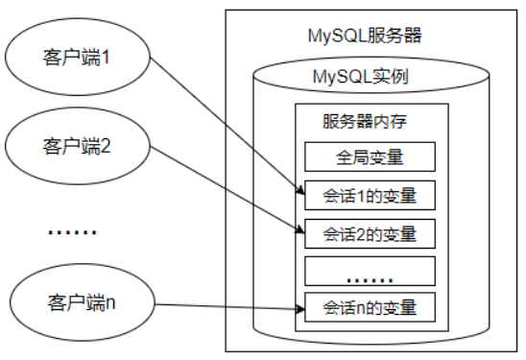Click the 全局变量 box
(x=370, y=157)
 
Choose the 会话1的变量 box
(x=370, y=195)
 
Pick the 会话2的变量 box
(x=370, y=232)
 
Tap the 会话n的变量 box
(x=370, y=308)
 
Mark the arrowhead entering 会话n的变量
(x=299, y=308)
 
